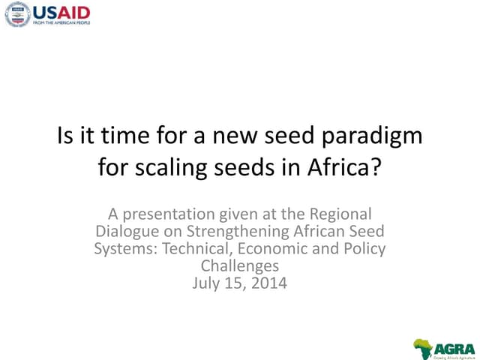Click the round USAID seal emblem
pos(17,14)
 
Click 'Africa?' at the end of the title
pos(346,166)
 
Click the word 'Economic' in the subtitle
pos(277,248)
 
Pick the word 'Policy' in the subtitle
pos(364,248)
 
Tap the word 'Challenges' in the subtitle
pos(239,265)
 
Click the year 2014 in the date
pos(269,283)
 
